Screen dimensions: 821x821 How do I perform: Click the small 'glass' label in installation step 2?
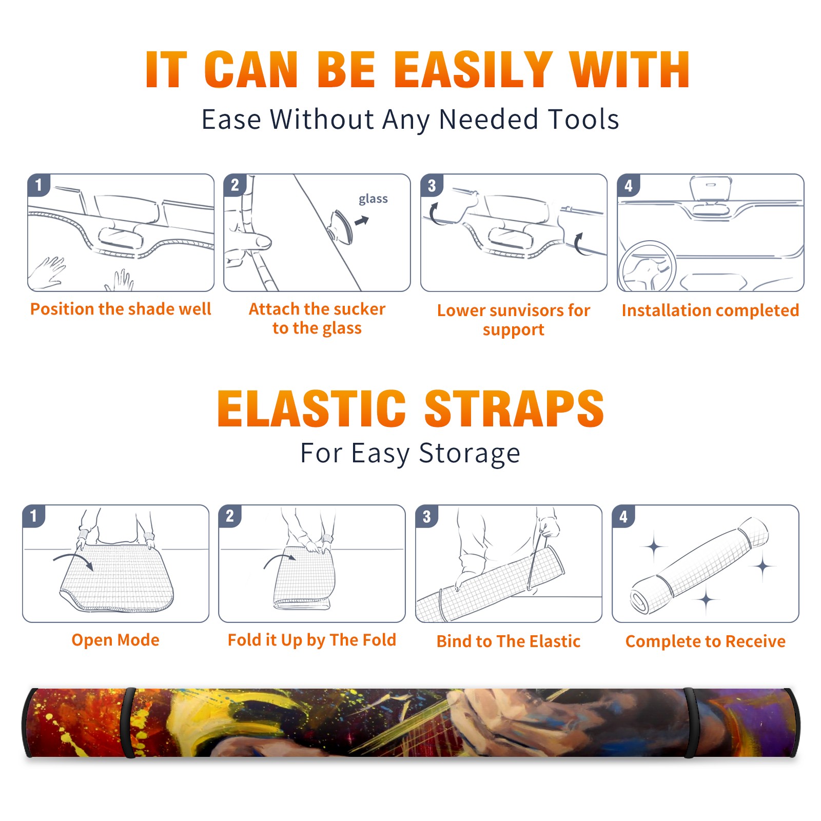(x=373, y=199)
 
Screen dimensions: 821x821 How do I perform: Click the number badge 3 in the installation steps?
(x=432, y=185)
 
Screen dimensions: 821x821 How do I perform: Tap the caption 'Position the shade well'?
(x=121, y=309)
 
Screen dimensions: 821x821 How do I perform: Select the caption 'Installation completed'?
(x=710, y=310)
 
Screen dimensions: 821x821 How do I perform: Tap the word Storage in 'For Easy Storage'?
(x=470, y=454)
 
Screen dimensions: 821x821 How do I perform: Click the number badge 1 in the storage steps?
(x=34, y=516)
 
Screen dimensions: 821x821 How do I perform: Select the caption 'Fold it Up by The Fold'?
(x=312, y=640)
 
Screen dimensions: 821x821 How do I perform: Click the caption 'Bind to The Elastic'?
(x=509, y=641)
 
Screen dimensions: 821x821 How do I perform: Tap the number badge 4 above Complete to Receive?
(x=623, y=516)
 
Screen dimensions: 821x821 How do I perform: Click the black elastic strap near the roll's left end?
(x=128, y=722)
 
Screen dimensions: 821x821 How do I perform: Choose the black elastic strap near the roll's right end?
(x=691, y=722)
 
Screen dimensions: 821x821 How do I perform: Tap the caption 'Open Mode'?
(x=115, y=640)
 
